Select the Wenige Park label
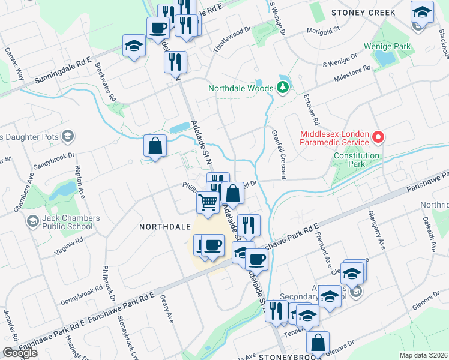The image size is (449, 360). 386,46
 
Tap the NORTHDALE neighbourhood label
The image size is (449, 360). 164,227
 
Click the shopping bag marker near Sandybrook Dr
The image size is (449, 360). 155,146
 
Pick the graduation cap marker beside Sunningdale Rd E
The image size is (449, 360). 134,46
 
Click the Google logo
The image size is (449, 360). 20,353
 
